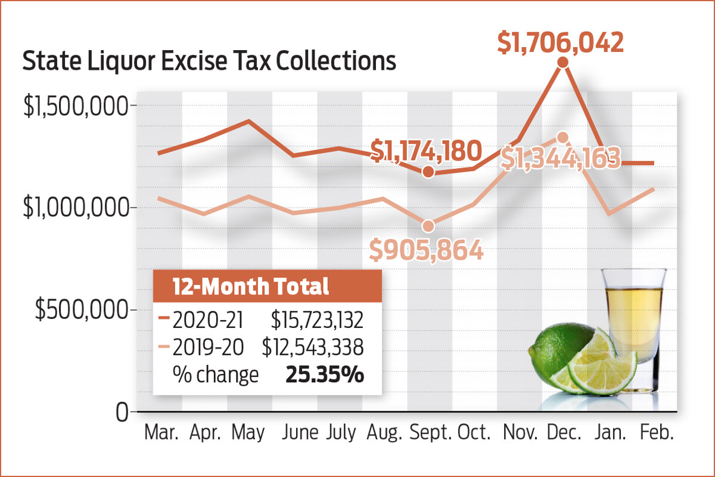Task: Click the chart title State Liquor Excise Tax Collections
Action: click(x=209, y=62)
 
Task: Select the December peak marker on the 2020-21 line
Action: click(x=562, y=62)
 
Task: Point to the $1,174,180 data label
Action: click(x=425, y=151)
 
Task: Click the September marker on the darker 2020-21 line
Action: click(x=428, y=172)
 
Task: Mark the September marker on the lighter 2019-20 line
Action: click(x=428, y=226)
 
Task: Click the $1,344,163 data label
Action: click(x=561, y=159)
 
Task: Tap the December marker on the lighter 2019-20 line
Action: click(x=562, y=137)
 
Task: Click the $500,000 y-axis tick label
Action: click(x=83, y=310)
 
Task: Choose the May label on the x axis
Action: click(x=248, y=433)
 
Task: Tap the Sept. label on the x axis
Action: click(x=431, y=433)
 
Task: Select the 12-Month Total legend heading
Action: click(x=251, y=287)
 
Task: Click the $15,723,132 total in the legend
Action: click(x=317, y=320)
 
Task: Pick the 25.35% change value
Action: click(x=325, y=375)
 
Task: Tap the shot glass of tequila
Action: click(x=632, y=316)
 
